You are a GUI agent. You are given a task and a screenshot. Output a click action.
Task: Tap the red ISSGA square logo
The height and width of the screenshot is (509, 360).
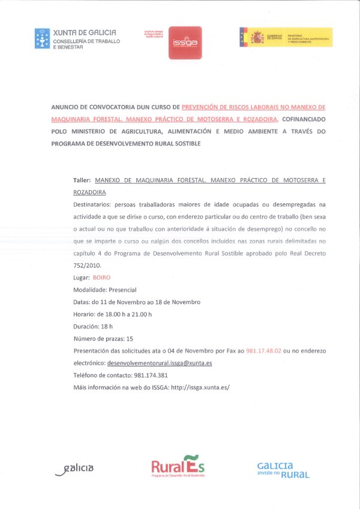click(185, 43)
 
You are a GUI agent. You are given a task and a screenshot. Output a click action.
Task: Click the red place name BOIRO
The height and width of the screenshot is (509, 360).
click(102, 278)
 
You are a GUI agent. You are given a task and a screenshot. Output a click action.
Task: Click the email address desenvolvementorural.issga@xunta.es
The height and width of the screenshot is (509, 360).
click(160, 363)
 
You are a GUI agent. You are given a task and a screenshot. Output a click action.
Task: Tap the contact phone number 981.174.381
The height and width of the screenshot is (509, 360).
click(151, 375)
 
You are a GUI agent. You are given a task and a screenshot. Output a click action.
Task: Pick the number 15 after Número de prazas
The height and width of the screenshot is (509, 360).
click(130, 339)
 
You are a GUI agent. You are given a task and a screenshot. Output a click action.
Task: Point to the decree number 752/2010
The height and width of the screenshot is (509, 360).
click(88, 265)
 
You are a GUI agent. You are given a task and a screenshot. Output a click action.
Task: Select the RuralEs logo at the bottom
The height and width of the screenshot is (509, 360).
click(178, 466)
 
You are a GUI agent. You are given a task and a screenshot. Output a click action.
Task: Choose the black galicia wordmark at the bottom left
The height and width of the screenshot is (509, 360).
click(75, 468)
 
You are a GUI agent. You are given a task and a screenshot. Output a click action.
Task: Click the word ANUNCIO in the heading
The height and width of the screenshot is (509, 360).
click(67, 107)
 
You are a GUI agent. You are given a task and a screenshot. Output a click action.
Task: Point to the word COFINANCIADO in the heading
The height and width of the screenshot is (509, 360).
click(304, 119)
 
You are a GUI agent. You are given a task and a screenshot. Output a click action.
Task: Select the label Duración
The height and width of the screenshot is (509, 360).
click(86, 327)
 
